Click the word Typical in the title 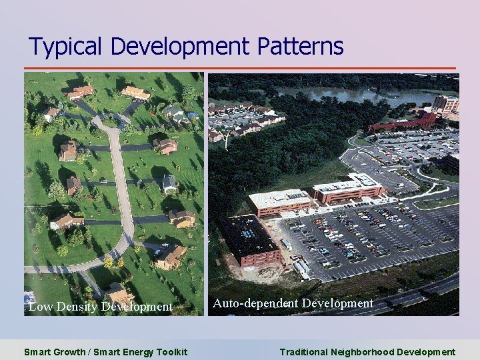coord(67,47)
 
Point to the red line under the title coord(240,68)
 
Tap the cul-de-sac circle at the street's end coord(107,122)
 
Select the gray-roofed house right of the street coord(170,183)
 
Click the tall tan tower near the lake coord(445,103)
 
